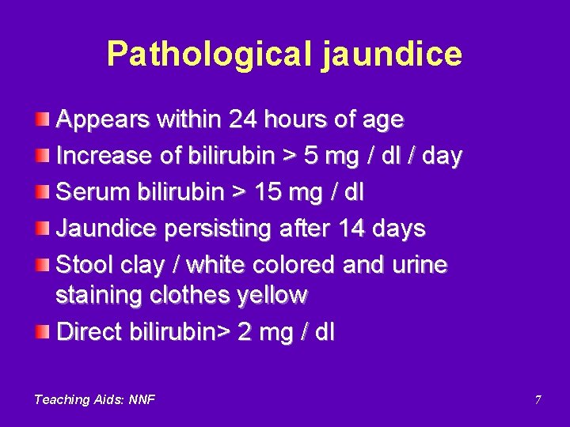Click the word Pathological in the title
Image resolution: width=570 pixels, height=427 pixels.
(208, 54)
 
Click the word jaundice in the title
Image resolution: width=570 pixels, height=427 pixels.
(391, 54)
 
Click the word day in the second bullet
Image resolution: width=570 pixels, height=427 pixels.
(442, 157)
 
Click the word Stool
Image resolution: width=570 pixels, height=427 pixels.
(85, 264)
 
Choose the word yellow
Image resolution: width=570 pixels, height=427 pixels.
(270, 296)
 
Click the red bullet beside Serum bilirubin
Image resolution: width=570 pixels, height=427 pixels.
(41, 191)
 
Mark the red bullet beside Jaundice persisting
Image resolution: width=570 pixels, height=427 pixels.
(41, 228)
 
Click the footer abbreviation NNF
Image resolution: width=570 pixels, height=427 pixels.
(142, 399)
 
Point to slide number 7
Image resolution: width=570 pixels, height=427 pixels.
(538, 400)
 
